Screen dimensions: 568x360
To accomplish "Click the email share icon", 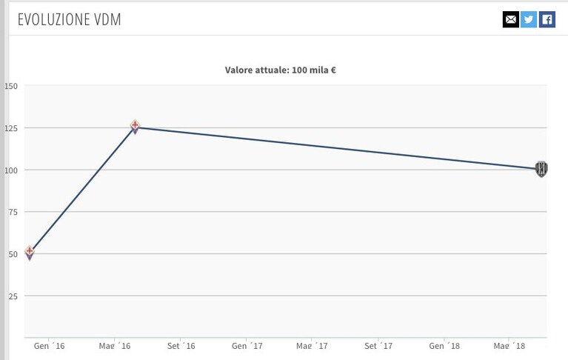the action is [511, 19].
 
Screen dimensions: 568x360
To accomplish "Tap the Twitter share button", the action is [529, 19].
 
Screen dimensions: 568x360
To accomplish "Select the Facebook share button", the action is [547, 19].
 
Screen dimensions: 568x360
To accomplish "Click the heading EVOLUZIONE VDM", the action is [69, 19].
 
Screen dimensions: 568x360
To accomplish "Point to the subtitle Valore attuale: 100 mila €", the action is [281, 70].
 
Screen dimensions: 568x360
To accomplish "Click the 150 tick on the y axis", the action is [11, 86].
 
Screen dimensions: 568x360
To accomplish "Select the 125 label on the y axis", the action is [11, 128].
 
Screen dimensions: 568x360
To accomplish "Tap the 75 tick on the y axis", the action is [13, 212].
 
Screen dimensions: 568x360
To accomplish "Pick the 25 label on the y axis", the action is [13, 296].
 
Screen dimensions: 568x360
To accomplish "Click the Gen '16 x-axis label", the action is [50, 346].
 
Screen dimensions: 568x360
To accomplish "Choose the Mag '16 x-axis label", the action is [115, 346].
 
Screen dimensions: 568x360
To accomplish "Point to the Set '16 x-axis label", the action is [181, 346].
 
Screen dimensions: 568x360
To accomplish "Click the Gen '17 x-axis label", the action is [247, 346].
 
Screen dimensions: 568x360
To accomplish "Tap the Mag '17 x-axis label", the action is [312, 346].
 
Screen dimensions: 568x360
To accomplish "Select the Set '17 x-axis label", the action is [378, 346].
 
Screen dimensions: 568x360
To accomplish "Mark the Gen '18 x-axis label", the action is [444, 346].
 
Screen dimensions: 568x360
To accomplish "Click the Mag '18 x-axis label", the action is [509, 346].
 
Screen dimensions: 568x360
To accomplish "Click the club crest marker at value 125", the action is [135, 127].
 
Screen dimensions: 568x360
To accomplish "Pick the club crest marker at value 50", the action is [30, 253].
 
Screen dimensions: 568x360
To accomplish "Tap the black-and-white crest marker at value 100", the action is [541, 169].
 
